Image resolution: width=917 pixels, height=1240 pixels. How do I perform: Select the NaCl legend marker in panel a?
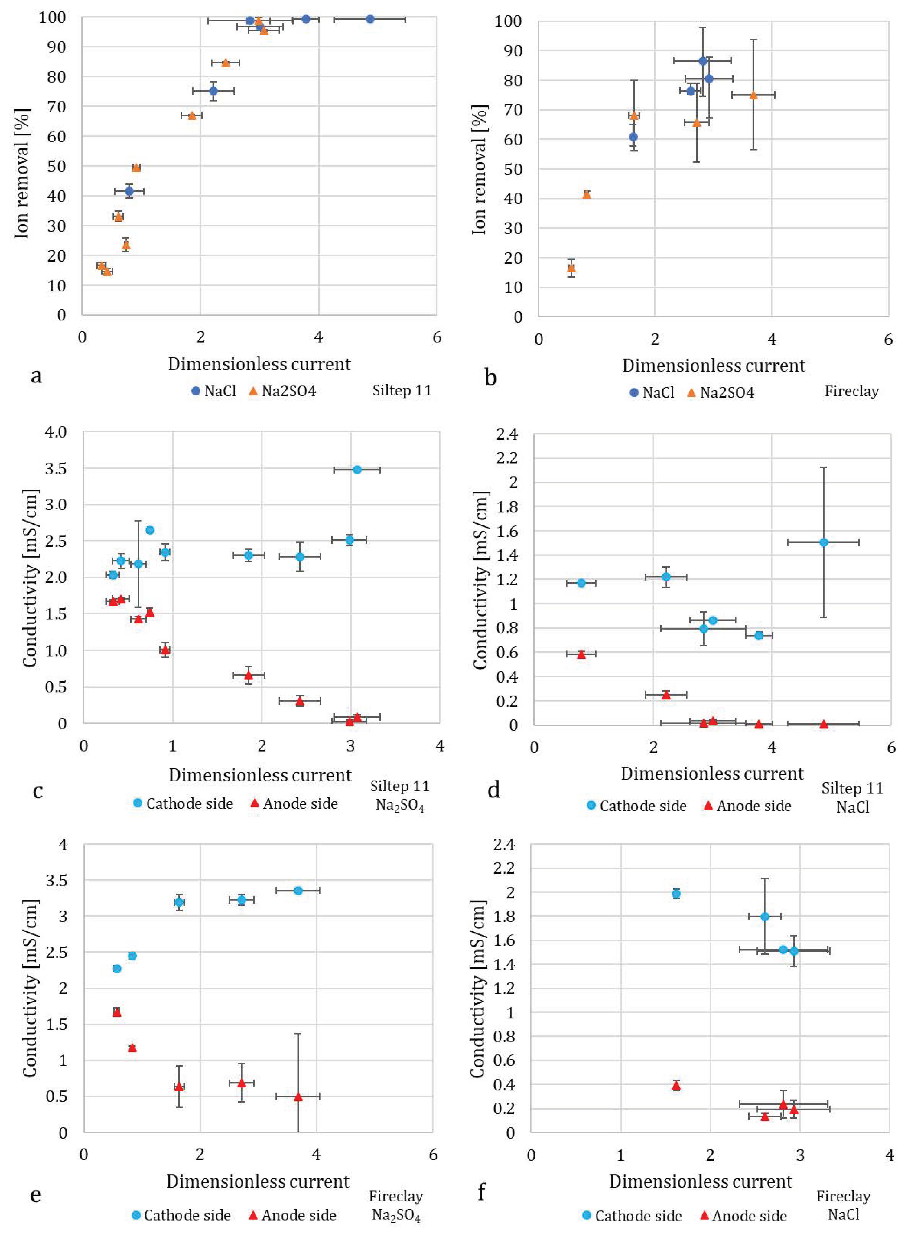tap(195, 391)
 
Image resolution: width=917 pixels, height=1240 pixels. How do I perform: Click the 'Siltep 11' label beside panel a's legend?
tap(401, 391)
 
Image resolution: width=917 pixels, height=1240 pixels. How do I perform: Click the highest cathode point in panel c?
tap(357, 470)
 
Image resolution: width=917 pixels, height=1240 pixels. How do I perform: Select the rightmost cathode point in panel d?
tap(823, 542)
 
